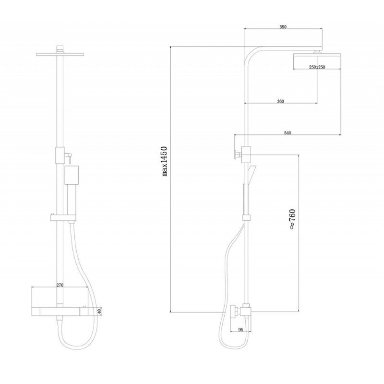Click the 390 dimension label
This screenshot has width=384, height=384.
tap(283, 27)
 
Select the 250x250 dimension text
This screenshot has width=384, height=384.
tap(317, 67)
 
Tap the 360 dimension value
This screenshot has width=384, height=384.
tap(280, 101)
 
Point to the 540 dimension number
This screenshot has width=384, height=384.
tap(288, 133)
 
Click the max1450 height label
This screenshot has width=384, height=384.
tap(165, 161)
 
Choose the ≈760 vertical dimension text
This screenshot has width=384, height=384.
tap(292, 219)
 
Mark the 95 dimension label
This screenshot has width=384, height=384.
tap(240, 330)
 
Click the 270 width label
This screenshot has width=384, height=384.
tap(60, 285)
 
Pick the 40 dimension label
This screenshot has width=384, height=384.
tap(99, 312)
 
